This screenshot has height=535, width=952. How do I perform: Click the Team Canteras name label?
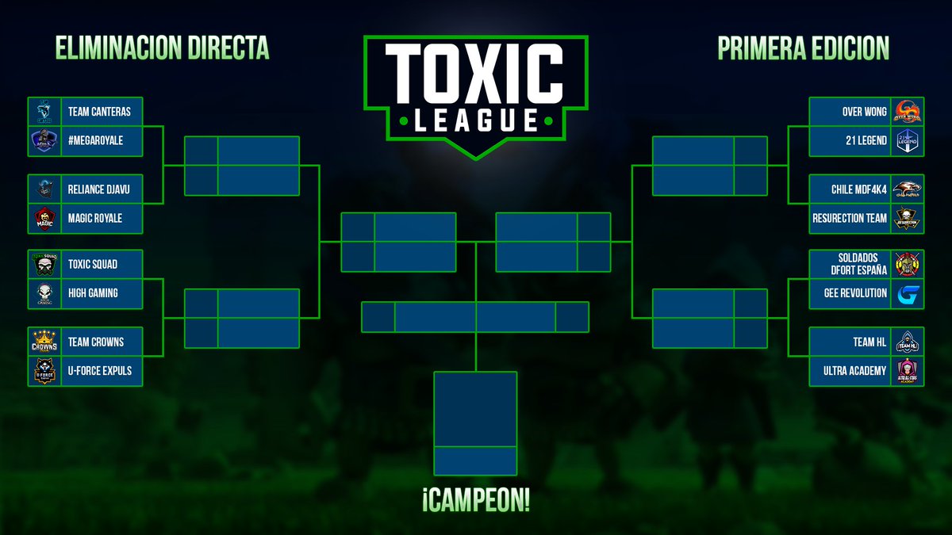click(x=98, y=112)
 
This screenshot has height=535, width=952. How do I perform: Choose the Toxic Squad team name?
click(x=93, y=264)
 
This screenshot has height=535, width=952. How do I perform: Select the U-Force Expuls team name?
click(x=100, y=370)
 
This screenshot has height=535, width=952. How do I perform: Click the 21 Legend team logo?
click(x=908, y=140)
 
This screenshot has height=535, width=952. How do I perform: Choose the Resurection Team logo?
click(x=908, y=218)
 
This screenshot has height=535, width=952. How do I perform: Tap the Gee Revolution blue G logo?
click(x=908, y=294)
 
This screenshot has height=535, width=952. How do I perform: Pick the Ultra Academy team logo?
click(x=908, y=370)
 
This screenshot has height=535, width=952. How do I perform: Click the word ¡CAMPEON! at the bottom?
click(x=476, y=501)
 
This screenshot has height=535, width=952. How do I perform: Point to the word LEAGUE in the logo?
click(x=476, y=120)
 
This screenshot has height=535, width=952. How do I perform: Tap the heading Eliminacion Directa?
click(x=163, y=48)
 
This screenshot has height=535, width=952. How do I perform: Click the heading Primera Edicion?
click(x=803, y=48)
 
